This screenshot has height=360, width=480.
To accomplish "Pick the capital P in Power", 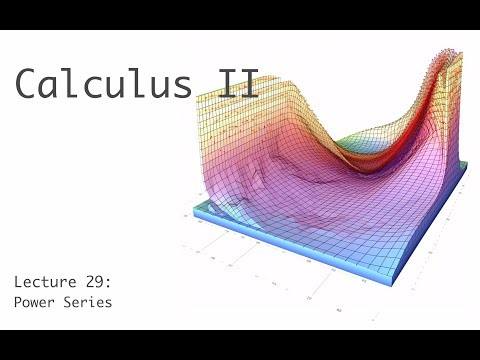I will pos(17,300).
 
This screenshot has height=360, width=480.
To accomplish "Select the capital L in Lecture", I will pos(17,281).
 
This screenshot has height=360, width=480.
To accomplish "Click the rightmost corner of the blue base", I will pos(468,188).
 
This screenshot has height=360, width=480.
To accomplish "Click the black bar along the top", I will pos(240,14).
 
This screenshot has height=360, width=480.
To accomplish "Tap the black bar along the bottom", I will pos(240,345).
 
